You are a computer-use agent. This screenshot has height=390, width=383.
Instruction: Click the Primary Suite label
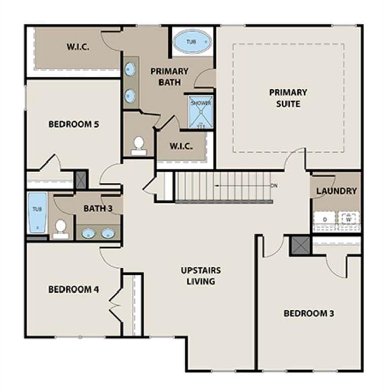[x=288, y=98]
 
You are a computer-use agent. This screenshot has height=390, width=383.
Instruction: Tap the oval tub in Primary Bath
[x=191, y=42]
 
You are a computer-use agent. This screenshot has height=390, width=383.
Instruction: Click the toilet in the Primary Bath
[x=138, y=145]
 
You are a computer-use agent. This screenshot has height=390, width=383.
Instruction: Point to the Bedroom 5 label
[x=74, y=124]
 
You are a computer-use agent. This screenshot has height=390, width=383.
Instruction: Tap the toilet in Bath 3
[x=61, y=229]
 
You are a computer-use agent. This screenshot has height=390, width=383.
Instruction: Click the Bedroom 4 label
[x=74, y=289]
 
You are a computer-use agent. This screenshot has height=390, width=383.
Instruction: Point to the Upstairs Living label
[x=201, y=275]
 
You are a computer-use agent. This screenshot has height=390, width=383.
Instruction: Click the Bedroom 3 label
[x=309, y=313]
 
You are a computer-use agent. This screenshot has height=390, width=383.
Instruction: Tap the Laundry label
[x=336, y=191]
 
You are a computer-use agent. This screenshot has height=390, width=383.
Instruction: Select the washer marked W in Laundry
[x=348, y=219]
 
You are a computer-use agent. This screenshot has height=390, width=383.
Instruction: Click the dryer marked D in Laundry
[x=323, y=219]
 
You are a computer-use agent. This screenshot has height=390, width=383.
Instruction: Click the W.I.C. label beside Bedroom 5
[x=78, y=47]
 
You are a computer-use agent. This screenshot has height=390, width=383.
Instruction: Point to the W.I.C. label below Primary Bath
[x=181, y=146]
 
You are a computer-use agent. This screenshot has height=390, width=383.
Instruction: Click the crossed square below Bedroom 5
[x=81, y=180]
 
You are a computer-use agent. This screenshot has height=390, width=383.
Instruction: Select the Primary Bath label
[x=169, y=76]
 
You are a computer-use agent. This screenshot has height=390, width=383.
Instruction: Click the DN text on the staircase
[x=274, y=186]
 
